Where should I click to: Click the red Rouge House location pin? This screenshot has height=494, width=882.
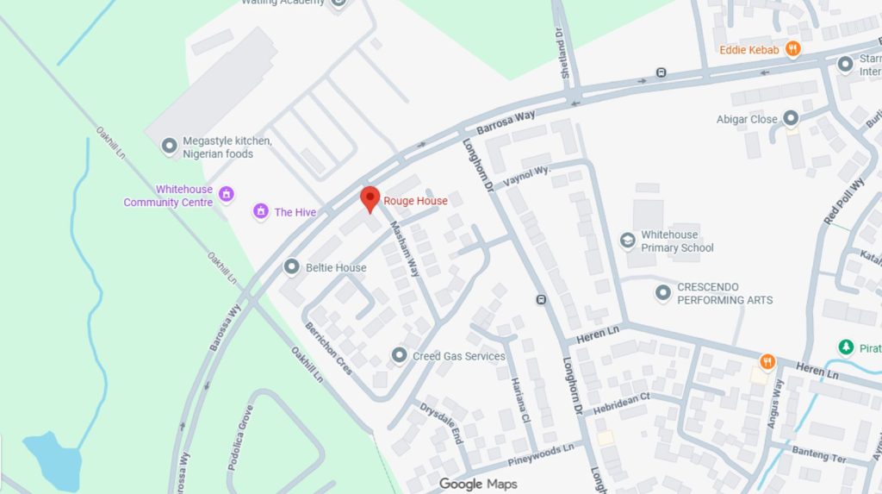370,198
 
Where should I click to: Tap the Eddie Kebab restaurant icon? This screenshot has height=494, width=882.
793,50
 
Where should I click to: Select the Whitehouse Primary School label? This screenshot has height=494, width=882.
677,241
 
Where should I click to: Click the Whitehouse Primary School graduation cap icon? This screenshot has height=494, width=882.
628,241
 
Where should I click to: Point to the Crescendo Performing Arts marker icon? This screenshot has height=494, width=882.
662,293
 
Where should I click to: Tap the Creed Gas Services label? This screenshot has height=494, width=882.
458,356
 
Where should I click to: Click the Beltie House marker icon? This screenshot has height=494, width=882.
292,267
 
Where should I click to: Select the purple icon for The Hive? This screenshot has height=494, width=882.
260,211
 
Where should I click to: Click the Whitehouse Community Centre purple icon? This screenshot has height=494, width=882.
227,193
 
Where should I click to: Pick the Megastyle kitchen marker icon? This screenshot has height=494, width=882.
170,147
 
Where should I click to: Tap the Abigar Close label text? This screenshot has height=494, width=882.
747,119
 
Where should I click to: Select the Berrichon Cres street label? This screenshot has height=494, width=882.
328,347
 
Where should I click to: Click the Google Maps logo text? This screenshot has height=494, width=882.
478,484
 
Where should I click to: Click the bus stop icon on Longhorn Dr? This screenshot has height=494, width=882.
541,300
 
